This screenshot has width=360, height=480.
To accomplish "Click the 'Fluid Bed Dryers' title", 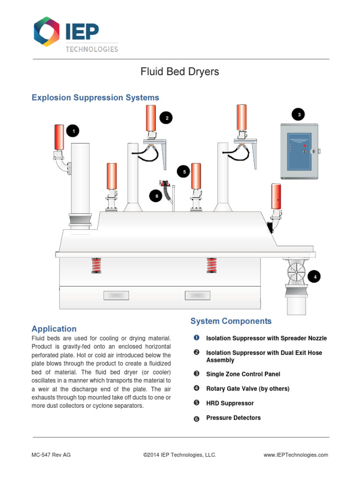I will (180, 72).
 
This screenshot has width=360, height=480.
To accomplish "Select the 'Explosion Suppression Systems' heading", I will (95, 97).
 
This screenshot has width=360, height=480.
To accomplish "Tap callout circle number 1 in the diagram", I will (72, 131).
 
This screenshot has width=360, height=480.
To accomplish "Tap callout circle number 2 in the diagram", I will (166, 118).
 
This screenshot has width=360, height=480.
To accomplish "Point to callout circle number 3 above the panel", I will (298, 114).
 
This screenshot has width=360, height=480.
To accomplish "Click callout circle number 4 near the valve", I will (315, 277).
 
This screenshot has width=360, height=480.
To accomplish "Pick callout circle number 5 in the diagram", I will (184, 172).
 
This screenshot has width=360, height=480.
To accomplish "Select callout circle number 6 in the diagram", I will (156, 196).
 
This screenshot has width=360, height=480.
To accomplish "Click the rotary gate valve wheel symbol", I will (296, 271).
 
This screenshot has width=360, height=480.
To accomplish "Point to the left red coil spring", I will (96, 265).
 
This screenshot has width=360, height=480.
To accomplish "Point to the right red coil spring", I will (211, 265).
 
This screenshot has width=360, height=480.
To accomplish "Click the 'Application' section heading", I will (54, 329).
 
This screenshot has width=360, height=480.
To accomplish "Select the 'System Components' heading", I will (231, 321).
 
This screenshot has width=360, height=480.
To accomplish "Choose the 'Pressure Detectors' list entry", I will (233, 418).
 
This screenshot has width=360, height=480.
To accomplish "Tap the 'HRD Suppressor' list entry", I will (230, 403).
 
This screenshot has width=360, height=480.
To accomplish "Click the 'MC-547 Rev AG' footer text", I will (51, 455).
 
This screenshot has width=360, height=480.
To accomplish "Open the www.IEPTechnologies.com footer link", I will (295, 455).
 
